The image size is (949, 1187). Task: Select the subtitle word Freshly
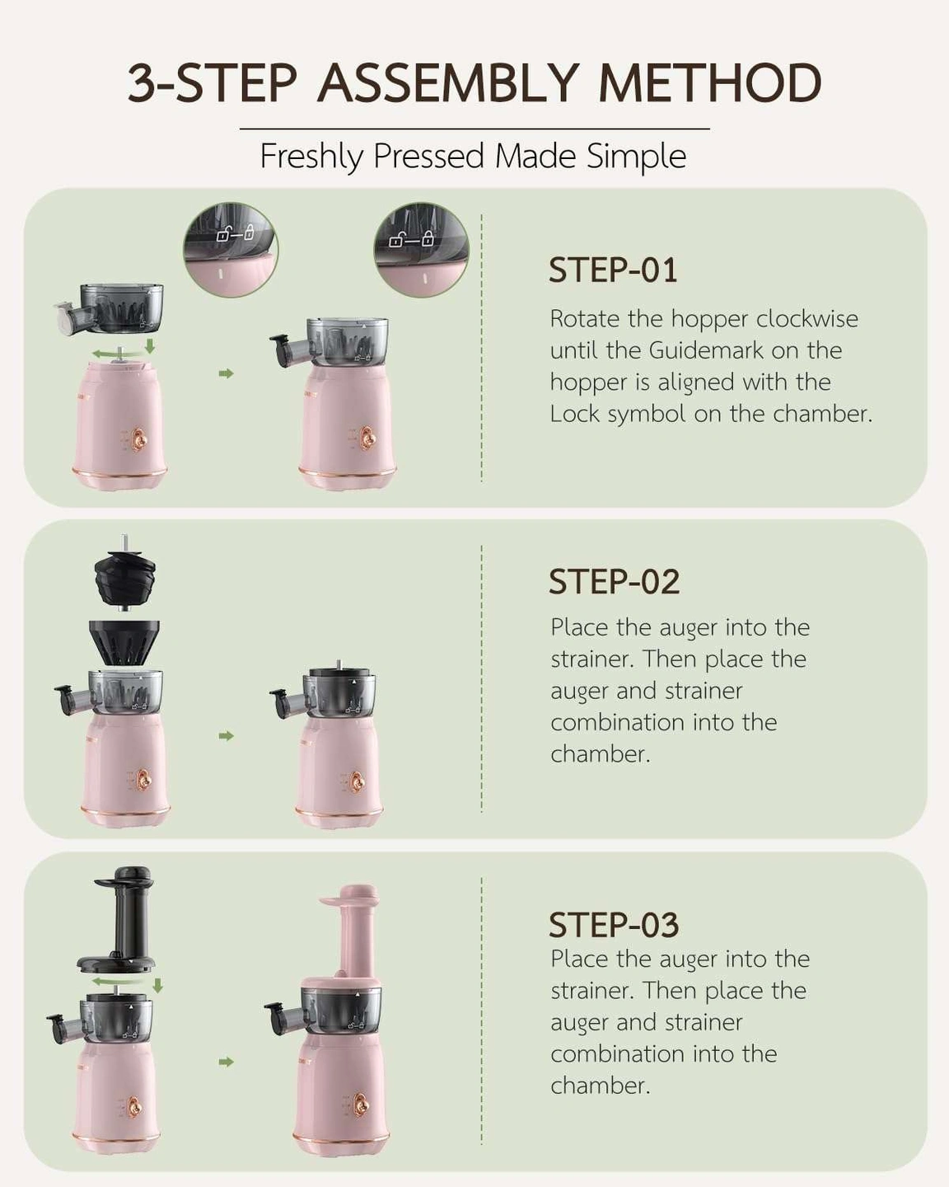311,157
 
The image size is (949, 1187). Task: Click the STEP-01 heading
613,270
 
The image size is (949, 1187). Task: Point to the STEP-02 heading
614,582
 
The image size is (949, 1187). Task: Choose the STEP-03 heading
614,925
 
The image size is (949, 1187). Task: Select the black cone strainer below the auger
124,642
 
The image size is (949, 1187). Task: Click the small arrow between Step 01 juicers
226,374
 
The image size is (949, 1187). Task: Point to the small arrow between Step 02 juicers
226,736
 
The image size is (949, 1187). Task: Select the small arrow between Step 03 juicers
226,1062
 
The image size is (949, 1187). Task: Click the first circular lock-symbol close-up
231,250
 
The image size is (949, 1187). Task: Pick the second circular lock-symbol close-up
421,250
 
